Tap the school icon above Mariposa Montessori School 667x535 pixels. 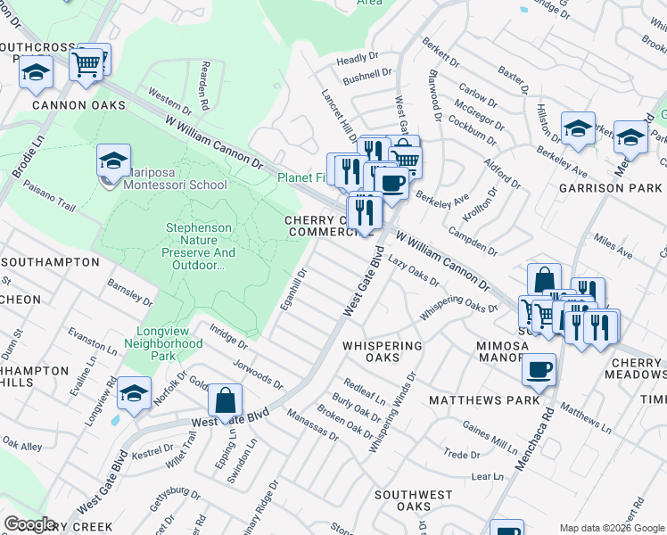pos(113,161)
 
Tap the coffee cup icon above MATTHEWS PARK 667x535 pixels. pos(538,369)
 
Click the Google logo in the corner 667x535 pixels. pos(29,524)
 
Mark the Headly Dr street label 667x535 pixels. pos(358,60)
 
